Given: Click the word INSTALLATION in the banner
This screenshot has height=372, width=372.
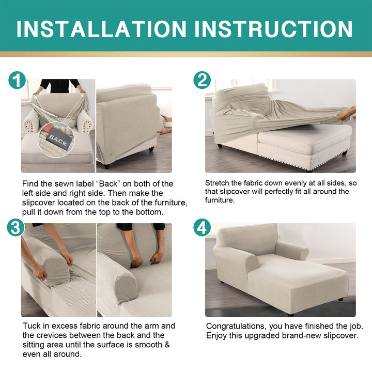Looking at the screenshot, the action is pyautogui.click(x=101, y=29).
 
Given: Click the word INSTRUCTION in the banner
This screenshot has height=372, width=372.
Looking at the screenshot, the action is pyautogui.click(x=273, y=29).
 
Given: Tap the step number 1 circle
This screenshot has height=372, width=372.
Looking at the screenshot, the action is pyautogui.click(x=17, y=80).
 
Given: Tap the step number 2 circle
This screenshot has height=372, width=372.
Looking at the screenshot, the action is pyautogui.click(x=202, y=80).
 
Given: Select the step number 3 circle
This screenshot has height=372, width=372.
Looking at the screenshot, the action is pyautogui.click(x=16, y=227).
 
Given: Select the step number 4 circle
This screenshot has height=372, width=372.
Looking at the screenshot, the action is pyautogui.click(x=202, y=227).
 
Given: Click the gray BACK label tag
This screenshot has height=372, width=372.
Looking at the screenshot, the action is pyautogui.click(x=58, y=141).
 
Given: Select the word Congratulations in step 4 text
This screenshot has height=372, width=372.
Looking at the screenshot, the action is pyautogui.click(x=235, y=327).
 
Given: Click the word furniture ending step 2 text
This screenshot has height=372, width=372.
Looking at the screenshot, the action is pyautogui.click(x=220, y=200).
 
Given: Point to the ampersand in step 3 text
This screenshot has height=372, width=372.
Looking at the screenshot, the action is pyautogui.click(x=167, y=345).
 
